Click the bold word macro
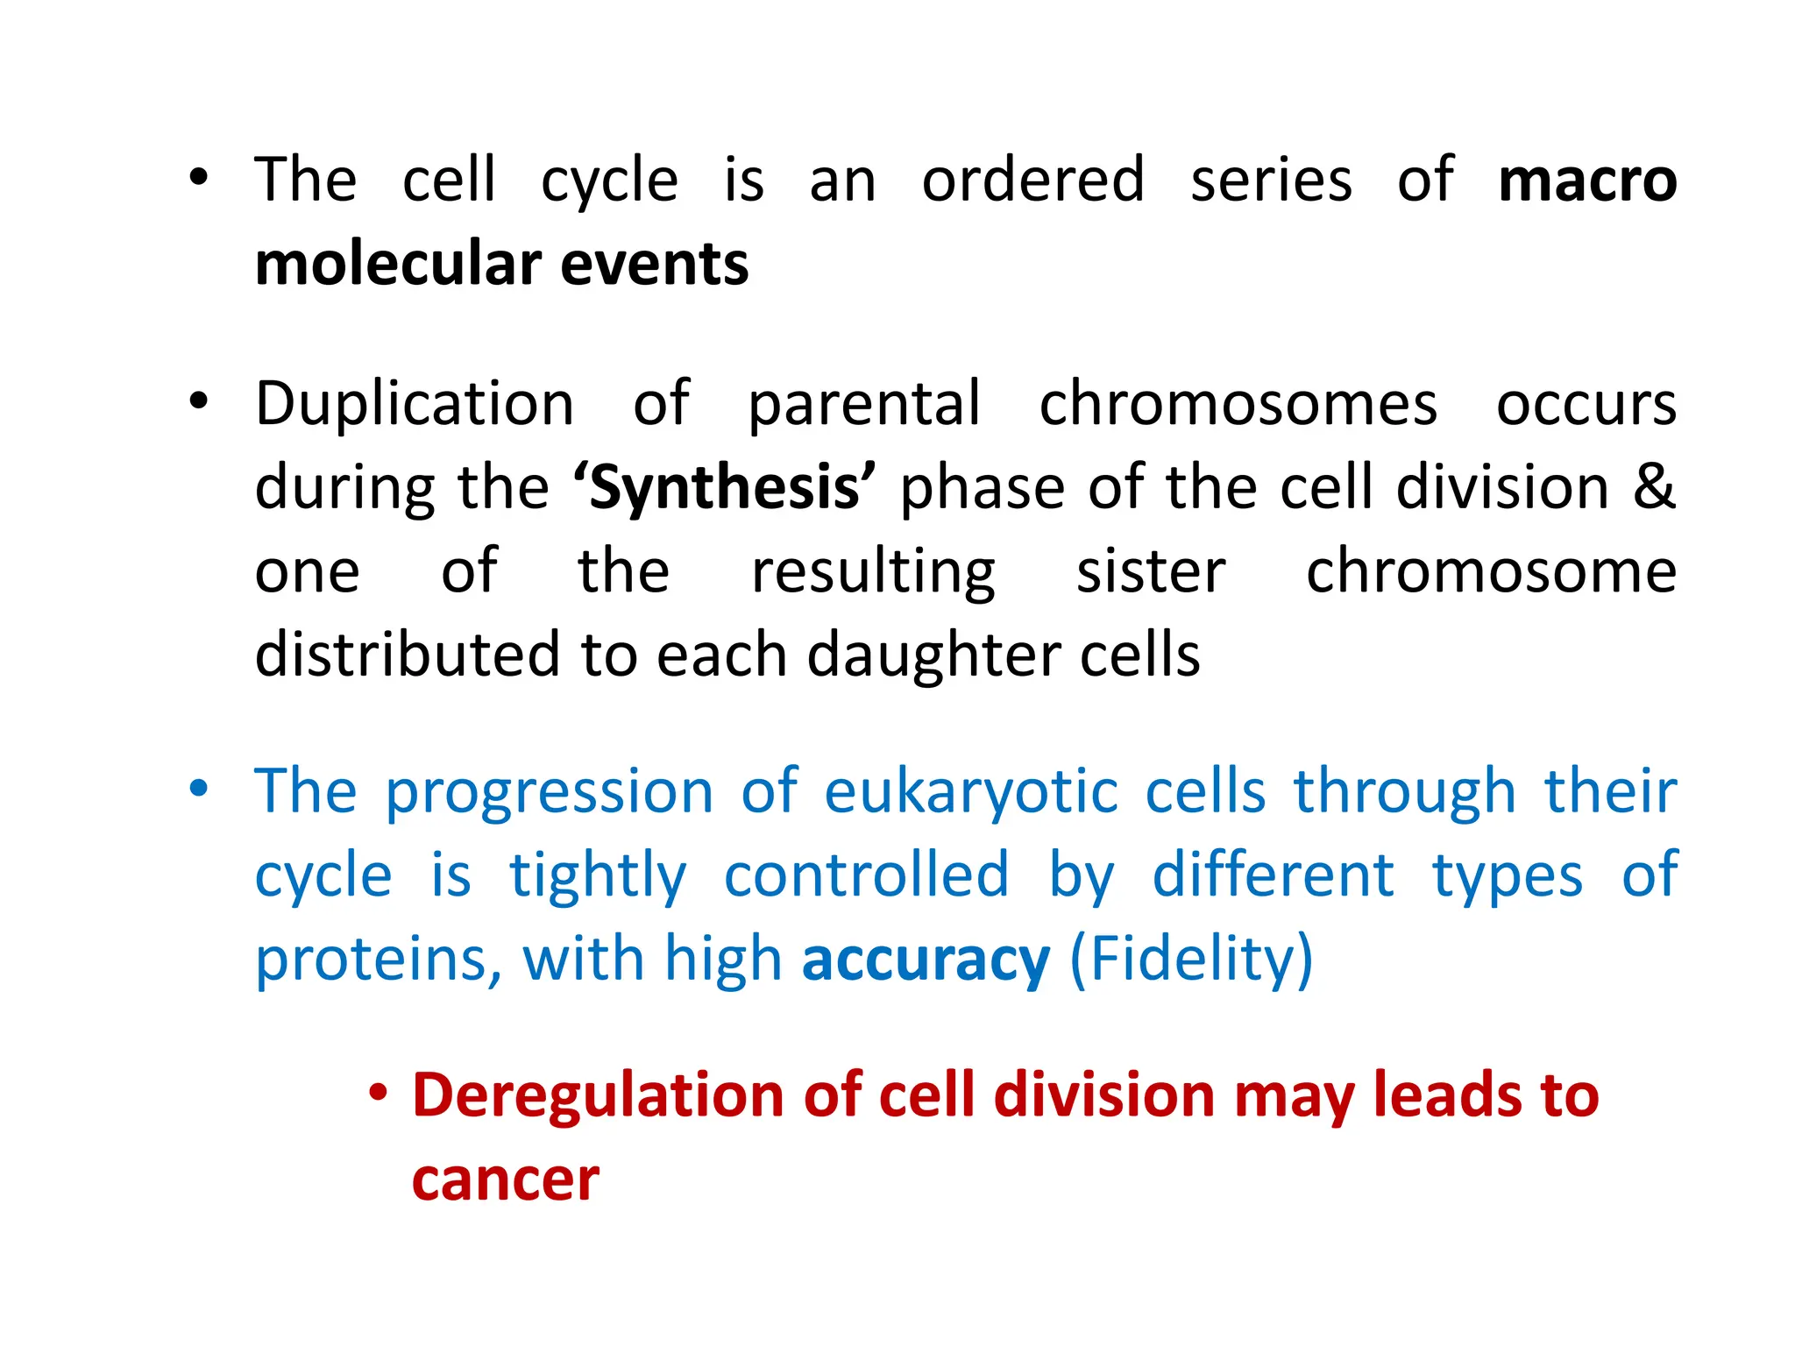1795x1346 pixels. click(1586, 181)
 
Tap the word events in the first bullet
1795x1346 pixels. click(655, 265)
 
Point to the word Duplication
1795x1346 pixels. click(415, 405)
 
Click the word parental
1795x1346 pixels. click(864, 405)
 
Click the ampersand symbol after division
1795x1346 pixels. click(1654, 486)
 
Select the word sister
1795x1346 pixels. click(1151, 571)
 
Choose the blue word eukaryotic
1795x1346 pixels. click(971, 792)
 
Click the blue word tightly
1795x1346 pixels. click(599, 876)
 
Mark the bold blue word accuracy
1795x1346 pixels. click(926, 960)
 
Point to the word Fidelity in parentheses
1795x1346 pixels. click(1192, 960)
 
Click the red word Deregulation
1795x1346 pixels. click(598, 1097)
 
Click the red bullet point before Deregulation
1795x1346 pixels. click(378, 1093)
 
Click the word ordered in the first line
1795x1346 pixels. click(1033, 181)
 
